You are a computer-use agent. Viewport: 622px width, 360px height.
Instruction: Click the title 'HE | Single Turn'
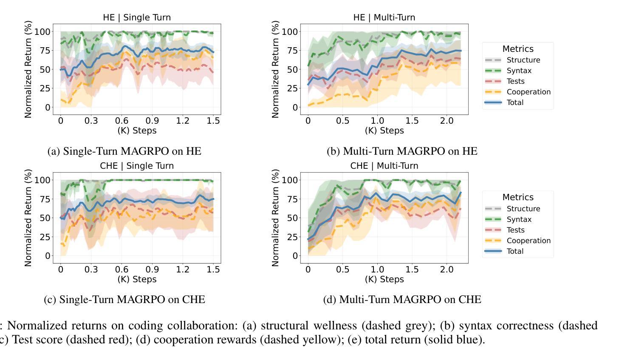pos(137,17)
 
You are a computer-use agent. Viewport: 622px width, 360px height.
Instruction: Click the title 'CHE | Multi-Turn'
pos(384,166)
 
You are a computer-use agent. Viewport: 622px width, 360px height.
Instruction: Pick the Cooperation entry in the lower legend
pos(528,241)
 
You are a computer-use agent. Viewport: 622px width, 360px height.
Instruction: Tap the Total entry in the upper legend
pos(515,102)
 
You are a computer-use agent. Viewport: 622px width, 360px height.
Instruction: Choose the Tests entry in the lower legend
pos(515,230)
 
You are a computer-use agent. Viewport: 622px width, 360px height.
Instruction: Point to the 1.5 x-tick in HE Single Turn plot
pos(213,121)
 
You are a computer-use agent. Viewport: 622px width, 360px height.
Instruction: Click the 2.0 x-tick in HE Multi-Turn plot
pos(447,121)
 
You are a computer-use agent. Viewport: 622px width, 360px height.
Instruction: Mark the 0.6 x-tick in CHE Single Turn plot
pos(122,269)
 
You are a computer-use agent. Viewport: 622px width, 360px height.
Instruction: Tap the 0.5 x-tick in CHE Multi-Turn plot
pos(343,269)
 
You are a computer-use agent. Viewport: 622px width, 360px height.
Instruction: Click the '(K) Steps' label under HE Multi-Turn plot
pos(384,130)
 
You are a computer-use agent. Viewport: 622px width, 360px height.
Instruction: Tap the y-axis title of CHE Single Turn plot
pos(28,218)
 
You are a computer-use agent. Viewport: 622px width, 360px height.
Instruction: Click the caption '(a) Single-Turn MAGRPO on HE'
pos(124,151)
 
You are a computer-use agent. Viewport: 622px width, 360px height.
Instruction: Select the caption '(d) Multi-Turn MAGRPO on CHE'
pos(402,300)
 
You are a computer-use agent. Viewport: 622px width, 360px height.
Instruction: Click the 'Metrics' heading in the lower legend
pos(517,197)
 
